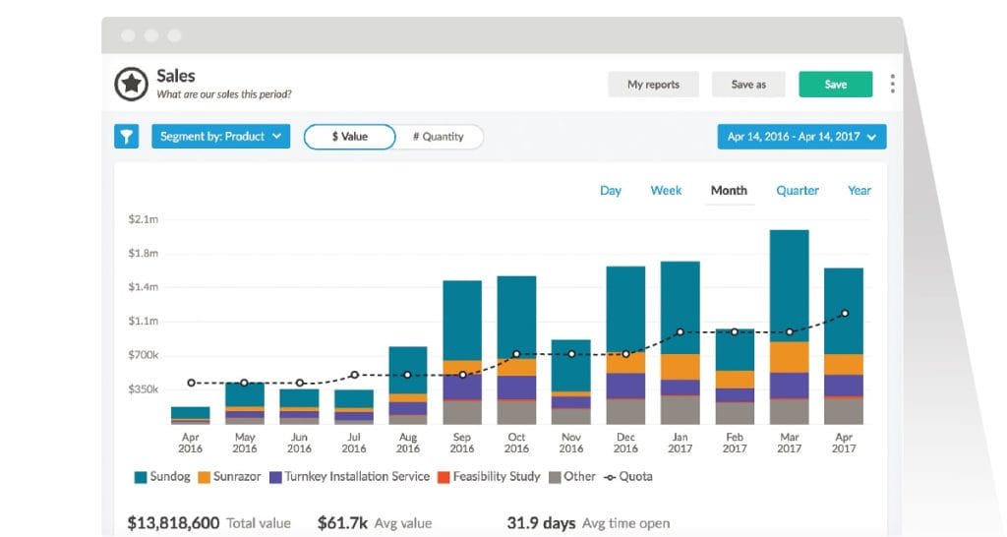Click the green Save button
(835, 85)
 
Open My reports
(653, 85)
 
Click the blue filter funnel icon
(127, 137)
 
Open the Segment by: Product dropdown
(220, 137)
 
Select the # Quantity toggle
(439, 137)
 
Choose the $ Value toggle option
(350, 137)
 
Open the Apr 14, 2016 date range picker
(801, 137)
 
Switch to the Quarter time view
(797, 191)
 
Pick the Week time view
(666, 191)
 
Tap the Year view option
(859, 191)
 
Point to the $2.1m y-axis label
(144, 218)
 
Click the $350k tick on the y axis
(144, 389)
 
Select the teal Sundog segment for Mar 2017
(789, 285)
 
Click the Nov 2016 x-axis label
(571, 443)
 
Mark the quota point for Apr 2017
(844, 314)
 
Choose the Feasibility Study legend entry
(488, 477)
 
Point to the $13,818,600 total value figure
(173, 523)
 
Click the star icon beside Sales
(131, 85)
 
